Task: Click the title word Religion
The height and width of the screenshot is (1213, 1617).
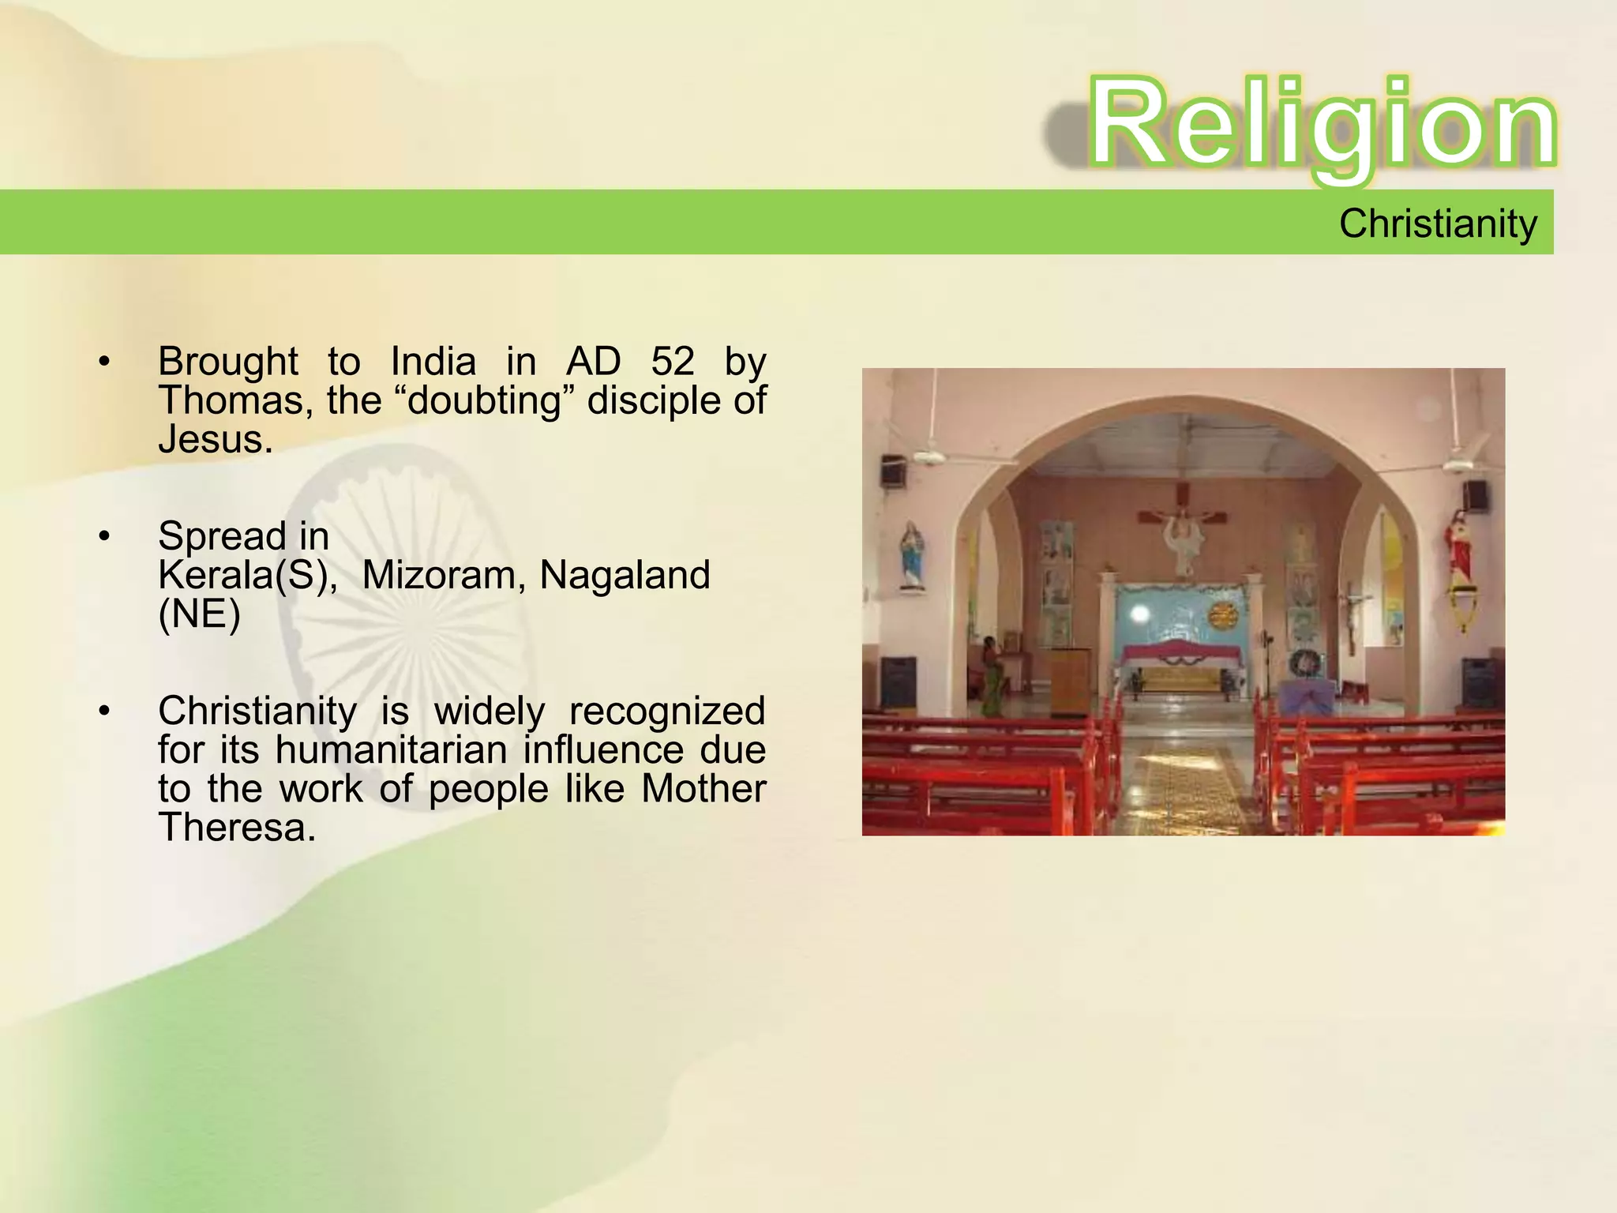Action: [x=1322, y=125]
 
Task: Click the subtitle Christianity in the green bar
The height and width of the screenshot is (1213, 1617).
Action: [x=1438, y=223]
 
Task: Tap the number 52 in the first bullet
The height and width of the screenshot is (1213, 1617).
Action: [x=672, y=362]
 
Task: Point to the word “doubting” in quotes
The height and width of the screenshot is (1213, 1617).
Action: [x=483, y=400]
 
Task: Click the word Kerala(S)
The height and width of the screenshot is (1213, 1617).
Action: [x=246, y=575]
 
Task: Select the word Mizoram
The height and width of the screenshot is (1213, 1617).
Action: [x=444, y=575]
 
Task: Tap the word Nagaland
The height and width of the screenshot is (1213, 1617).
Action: [x=625, y=575]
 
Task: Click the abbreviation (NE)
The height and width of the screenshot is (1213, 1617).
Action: [x=199, y=614]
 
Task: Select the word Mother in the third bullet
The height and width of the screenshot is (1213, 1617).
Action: [x=703, y=788]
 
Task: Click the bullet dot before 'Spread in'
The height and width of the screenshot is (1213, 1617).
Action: [x=104, y=536]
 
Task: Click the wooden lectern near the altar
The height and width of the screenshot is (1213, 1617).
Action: [x=1069, y=679]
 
